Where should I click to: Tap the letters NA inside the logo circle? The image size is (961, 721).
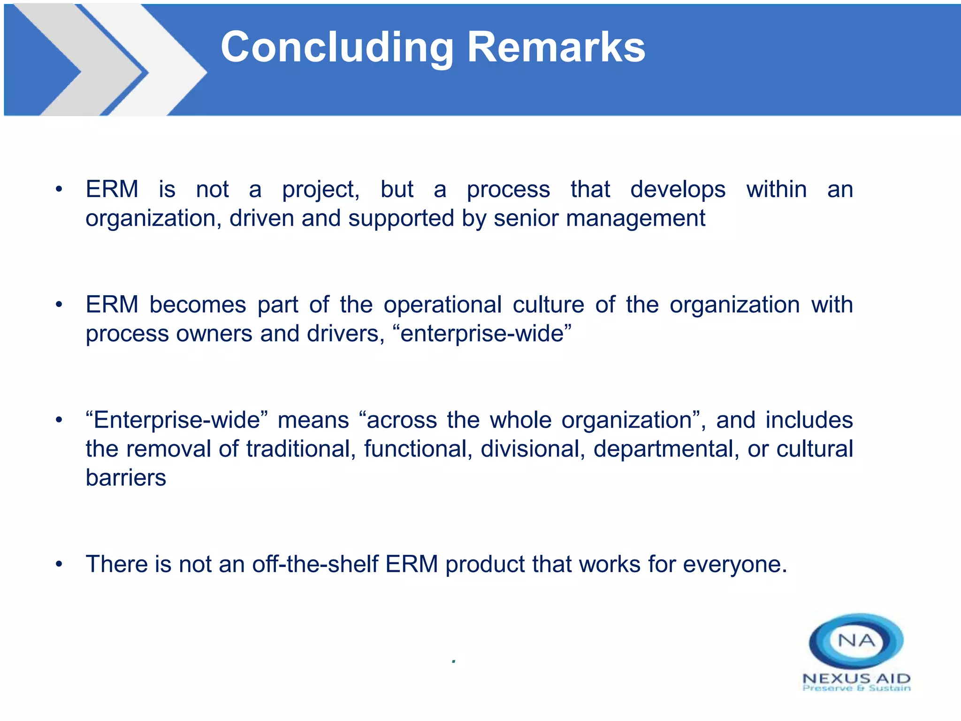click(x=856, y=641)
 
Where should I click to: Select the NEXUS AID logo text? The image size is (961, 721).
click(x=856, y=678)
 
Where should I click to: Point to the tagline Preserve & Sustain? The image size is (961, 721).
click(x=856, y=689)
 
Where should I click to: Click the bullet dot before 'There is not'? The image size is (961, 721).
click(x=59, y=564)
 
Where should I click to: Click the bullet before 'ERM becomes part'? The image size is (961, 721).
click(x=59, y=305)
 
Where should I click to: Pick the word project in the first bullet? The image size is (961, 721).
click(x=320, y=190)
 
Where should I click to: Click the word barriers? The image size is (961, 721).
click(x=126, y=478)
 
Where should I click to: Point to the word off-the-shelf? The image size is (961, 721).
click(x=315, y=564)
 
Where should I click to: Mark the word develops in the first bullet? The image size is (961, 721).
click(x=678, y=190)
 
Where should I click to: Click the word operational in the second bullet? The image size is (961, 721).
click(x=442, y=306)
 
